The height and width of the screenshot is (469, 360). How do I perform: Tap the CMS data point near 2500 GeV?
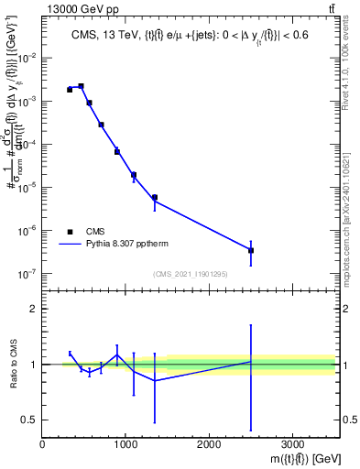[251, 250]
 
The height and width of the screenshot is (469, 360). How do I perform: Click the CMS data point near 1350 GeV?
[155, 197]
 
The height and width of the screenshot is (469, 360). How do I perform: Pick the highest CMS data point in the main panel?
[81, 86]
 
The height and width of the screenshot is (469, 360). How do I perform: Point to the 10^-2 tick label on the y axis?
[26, 58]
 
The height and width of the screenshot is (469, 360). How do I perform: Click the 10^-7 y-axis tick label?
[26, 273]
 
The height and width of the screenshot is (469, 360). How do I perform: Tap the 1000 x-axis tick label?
[125, 443]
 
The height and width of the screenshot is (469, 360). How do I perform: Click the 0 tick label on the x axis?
[42, 443]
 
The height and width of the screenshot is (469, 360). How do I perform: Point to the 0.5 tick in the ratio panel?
[30, 420]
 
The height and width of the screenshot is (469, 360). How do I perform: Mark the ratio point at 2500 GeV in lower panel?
[251, 362]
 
